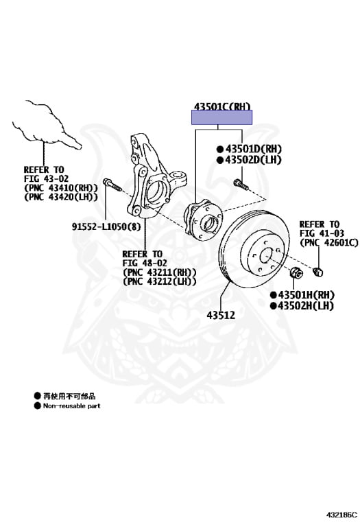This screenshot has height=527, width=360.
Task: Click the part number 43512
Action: pos(221,315)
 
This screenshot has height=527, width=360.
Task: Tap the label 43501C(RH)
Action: pos(222,106)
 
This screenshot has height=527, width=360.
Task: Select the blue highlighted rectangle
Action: pos(221,117)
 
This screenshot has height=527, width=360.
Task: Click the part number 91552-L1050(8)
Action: pos(106,226)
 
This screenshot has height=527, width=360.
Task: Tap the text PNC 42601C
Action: pos(328,242)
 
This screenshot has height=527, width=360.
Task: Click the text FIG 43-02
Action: pos(46,178)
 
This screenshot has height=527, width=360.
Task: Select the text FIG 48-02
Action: pos(145,263)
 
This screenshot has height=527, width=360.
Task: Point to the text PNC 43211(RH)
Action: pos(160,272)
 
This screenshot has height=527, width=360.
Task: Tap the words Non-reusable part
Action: pos(72,406)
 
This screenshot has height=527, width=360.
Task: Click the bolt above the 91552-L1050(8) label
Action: pos(112,185)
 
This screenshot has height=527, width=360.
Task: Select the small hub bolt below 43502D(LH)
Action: pos(241,185)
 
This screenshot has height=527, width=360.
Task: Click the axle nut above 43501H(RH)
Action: pos(296,272)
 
